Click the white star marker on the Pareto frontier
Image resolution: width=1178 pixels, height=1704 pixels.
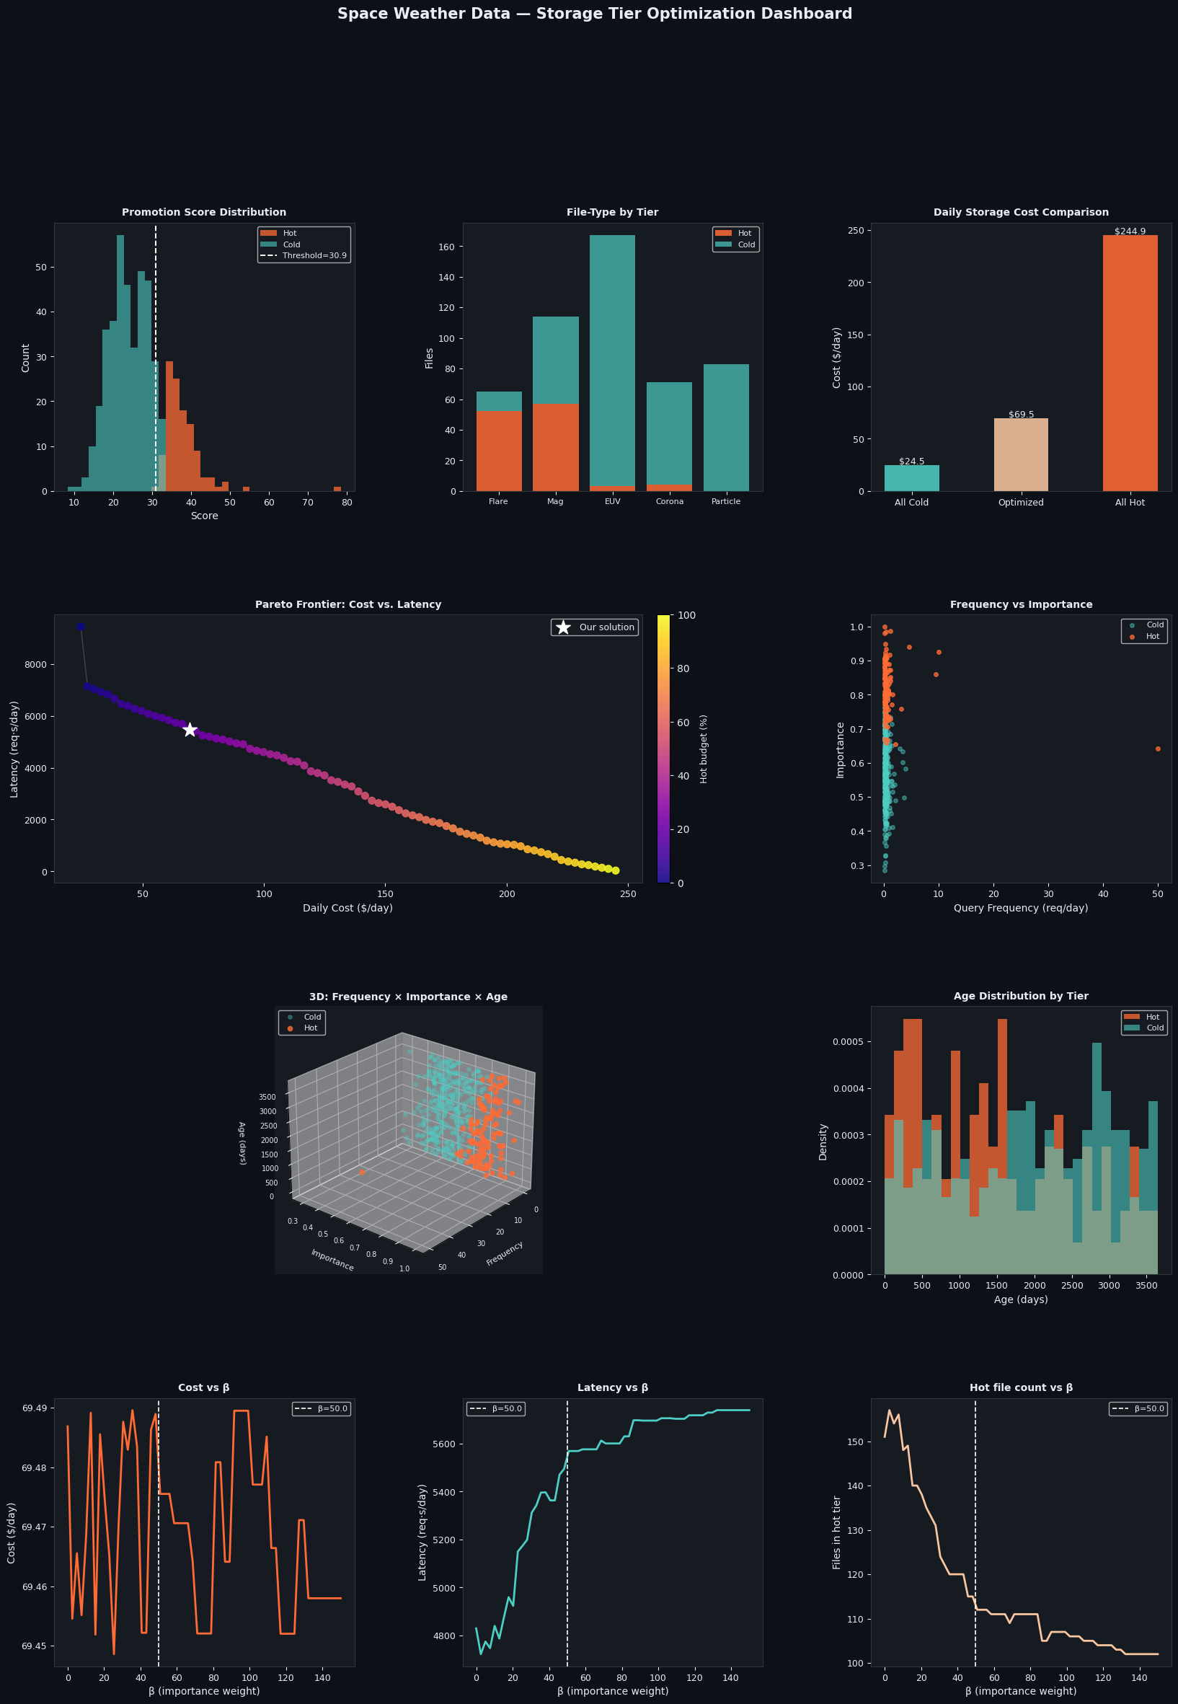pyautogui.click(x=190, y=730)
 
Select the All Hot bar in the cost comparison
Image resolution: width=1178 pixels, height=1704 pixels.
pyautogui.click(x=1130, y=363)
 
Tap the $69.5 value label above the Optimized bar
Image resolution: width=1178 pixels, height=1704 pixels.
pyautogui.click(x=1021, y=414)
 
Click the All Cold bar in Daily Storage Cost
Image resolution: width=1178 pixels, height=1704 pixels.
pyautogui.click(x=911, y=478)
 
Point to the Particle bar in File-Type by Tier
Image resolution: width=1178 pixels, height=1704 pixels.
pyautogui.click(x=725, y=428)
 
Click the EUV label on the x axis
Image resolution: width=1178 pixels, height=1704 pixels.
pyautogui.click(x=612, y=501)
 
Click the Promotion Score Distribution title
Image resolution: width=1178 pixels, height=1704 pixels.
pyautogui.click(x=204, y=212)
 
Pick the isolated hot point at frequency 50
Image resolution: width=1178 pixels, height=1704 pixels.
pyautogui.click(x=1157, y=749)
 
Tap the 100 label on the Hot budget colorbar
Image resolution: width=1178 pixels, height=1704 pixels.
pyautogui.click(x=686, y=615)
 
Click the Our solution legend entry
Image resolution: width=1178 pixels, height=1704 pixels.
pyautogui.click(x=594, y=627)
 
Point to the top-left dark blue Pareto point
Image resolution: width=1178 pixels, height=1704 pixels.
pyautogui.click(x=81, y=626)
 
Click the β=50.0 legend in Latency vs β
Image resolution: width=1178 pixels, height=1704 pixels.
pyautogui.click(x=496, y=1408)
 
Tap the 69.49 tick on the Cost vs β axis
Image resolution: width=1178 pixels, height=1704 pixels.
pyautogui.click(x=34, y=1408)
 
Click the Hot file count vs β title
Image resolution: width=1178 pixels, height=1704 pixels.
pyautogui.click(x=1021, y=1387)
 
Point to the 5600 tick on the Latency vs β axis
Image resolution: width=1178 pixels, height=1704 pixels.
pyautogui.click(x=446, y=1444)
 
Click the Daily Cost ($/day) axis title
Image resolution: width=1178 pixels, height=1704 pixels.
pyautogui.click(x=347, y=908)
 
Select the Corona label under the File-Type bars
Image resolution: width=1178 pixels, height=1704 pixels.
pyautogui.click(x=670, y=501)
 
